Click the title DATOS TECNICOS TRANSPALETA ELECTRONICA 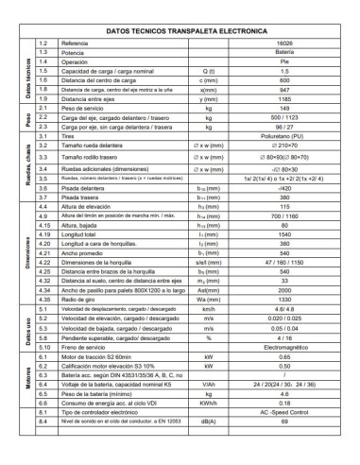[180, 31]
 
